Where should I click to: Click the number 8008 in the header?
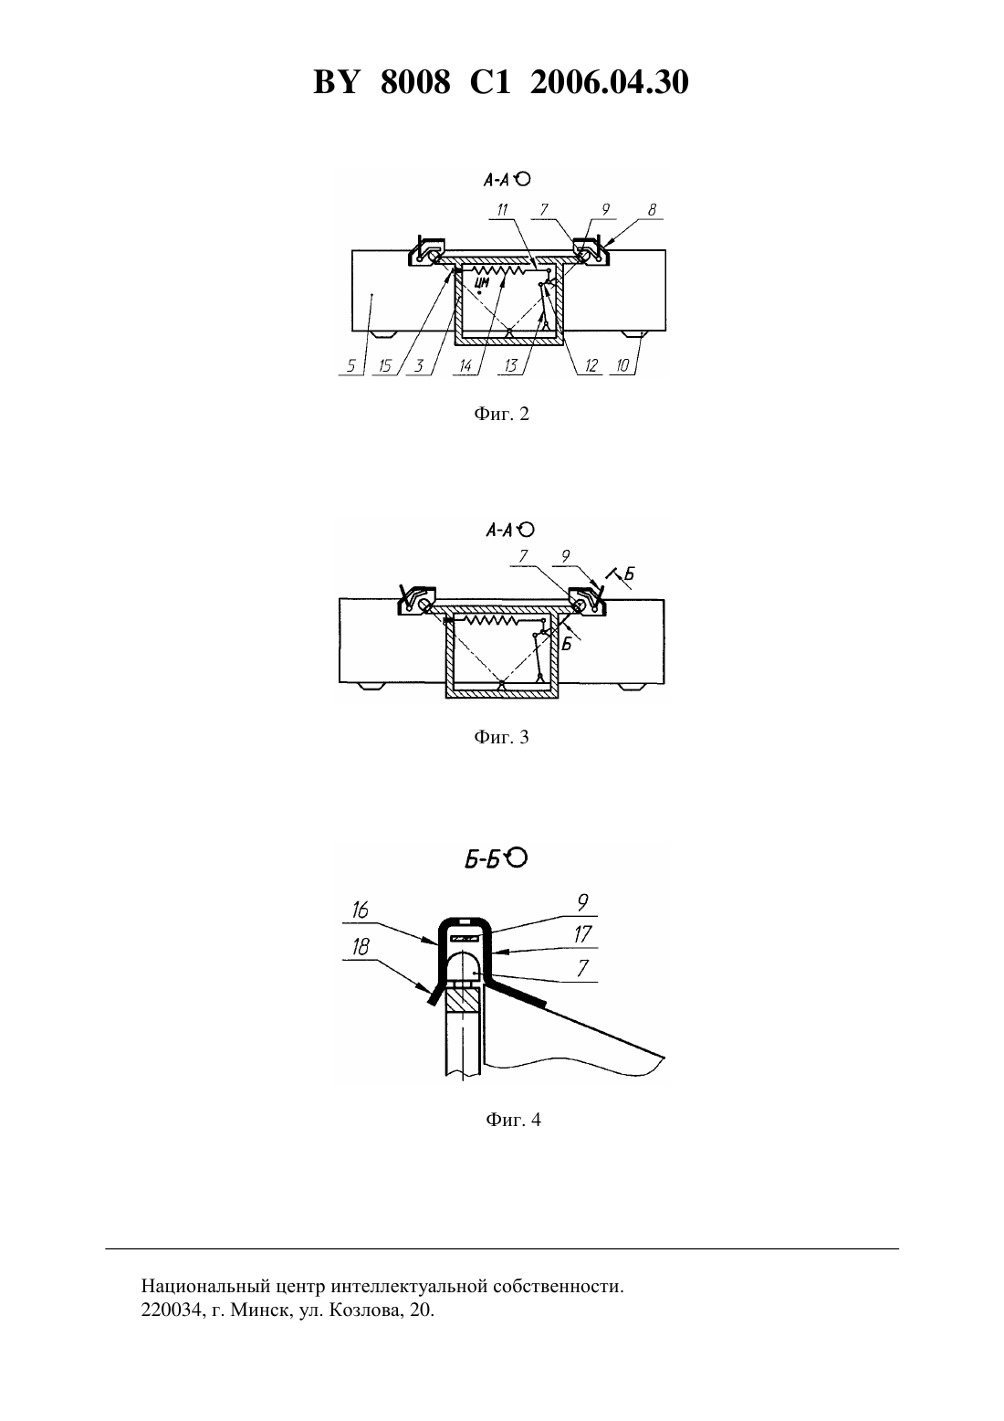click(415, 82)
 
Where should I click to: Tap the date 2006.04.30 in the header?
click(609, 82)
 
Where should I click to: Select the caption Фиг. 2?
click(501, 415)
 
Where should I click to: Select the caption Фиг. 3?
click(501, 736)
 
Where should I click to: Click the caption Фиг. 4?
click(513, 1120)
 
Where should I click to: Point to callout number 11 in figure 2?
click(503, 209)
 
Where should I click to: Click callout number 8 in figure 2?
click(653, 209)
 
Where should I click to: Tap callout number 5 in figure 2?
click(350, 366)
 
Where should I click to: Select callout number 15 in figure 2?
click(385, 366)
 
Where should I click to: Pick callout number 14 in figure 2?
click(465, 366)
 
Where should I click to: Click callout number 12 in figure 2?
click(591, 366)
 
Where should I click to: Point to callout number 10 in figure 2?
click(623, 366)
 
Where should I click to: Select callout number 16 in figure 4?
click(360, 910)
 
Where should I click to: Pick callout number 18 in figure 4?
click(360, 948)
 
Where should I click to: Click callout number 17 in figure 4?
click(582, 934)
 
